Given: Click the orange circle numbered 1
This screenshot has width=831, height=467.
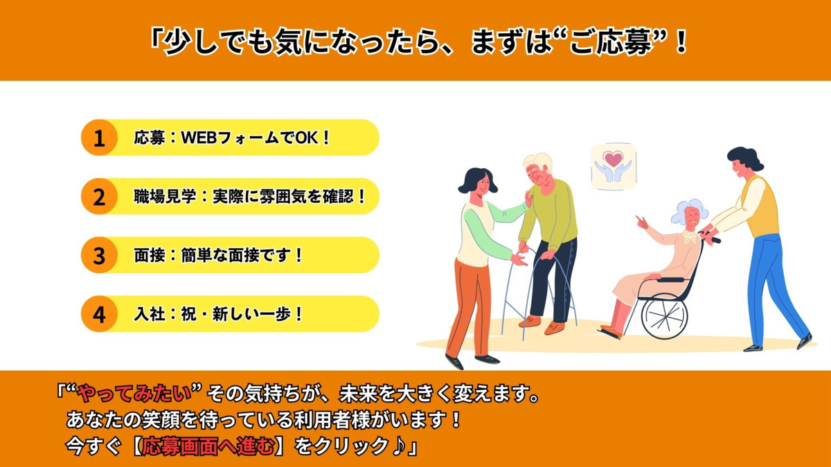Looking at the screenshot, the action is (99, 138).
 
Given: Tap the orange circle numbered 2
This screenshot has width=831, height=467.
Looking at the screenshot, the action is (99, 196).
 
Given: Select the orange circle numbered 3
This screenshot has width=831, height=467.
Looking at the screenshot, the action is (99, 255).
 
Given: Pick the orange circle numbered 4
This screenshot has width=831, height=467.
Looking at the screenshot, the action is (99, 314).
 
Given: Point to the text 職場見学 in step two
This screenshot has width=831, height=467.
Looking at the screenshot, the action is (165, 196).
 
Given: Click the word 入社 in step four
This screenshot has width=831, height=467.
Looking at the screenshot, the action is (149, 314).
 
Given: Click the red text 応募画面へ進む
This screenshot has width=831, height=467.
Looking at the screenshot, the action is (208, 446).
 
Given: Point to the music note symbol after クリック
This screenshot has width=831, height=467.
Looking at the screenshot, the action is (398, 446).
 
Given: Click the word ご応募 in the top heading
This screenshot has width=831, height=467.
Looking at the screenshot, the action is (611, 42).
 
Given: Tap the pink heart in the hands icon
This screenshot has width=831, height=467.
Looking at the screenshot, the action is (613, 159).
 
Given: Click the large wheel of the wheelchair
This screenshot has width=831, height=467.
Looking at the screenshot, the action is (664, 315).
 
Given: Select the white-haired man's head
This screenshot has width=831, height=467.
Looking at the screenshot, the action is (538, 169).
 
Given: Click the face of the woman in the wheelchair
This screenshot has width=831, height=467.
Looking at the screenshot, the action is (692, 219).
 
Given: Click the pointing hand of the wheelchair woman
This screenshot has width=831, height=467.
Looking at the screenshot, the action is (642, 222).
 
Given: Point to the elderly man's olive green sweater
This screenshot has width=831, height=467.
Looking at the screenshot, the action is (549, 215).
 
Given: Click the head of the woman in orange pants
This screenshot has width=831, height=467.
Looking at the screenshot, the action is (479, 183).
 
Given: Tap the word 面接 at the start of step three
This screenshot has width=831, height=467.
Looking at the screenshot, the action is (149, 255).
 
